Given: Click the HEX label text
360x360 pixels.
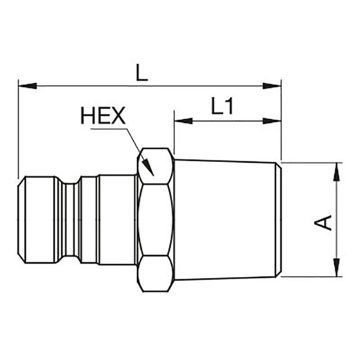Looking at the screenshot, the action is tap(103, 116).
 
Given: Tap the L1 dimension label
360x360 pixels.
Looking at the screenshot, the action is tap(222, 106).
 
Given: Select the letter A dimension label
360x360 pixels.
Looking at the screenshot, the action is tap(323, 222).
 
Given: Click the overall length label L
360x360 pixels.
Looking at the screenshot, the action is tap(142, 72).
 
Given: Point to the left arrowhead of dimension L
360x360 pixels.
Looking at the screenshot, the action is tap(27, 86).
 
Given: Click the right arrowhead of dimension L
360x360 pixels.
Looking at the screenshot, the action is tap(272, 86).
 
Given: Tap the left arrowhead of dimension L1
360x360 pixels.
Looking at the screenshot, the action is tap(184, 121).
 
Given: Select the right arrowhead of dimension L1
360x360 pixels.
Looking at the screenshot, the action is tap(272, 121).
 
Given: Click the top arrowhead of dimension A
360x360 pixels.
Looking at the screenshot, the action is tap(337, 171).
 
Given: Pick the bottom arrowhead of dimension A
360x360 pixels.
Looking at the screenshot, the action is tap(337, 267).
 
